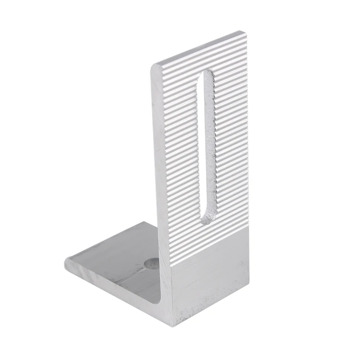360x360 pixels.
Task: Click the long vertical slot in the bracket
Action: tap(205, 144)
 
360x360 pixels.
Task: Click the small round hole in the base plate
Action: tap(153, 264)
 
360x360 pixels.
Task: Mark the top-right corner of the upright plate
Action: tap(240, 33)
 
